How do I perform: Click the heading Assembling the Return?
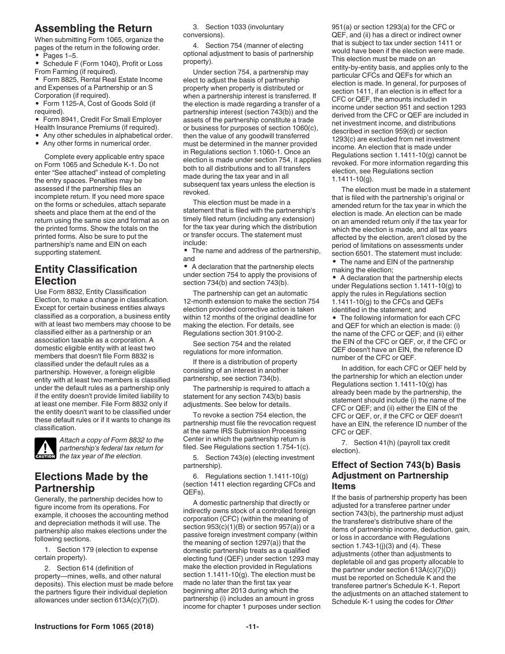click(x=93, y=29)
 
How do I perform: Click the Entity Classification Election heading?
click(x=86, y=275)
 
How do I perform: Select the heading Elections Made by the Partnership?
click(x=91, y=482)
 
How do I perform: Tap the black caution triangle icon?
click(x=45, y=448)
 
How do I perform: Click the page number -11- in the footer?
click(x=252, y=627)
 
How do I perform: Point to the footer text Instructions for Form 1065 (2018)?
click(x=94, y=627)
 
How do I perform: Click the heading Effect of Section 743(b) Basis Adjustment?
click(x=396, y=475)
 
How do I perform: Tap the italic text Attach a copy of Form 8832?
click(x=111, y=440)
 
